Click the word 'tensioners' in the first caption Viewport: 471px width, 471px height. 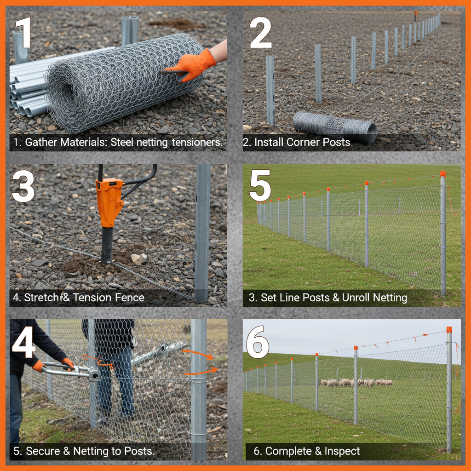[x=197, y=143]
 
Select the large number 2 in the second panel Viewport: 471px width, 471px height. [x=261, y=33]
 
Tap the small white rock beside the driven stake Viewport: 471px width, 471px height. [x=138, y=258]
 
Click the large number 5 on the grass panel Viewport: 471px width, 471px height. [x=260, y=187]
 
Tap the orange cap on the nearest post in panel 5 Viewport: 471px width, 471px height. [x=442, y=174]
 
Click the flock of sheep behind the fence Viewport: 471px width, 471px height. [x=356, y=382]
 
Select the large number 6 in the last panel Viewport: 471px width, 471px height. [x=258, y=342]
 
